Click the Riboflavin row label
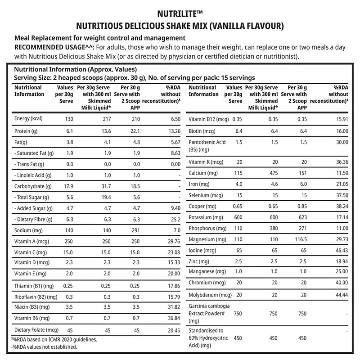coord(36,296)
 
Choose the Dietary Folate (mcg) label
coord(37,329)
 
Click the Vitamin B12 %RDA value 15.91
coord(340,120)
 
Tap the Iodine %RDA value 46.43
coord(340,250)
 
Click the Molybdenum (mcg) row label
coord(210,295)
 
